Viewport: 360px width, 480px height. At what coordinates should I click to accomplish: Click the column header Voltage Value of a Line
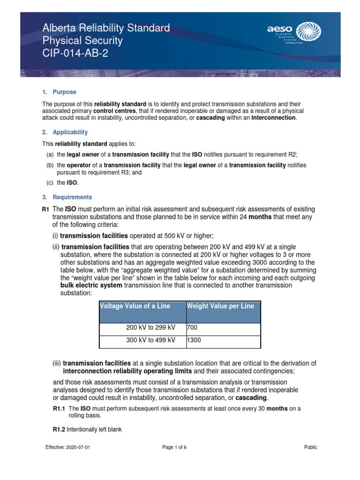point(135,306)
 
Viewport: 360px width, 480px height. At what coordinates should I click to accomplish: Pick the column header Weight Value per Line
point(220,306)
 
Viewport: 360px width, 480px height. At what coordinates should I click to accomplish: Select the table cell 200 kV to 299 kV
point(151,328)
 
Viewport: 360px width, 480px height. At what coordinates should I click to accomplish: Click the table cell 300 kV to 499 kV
point(151,340)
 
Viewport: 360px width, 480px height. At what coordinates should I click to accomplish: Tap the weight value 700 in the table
point(193,328)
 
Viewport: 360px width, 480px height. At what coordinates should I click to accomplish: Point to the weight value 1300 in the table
point(194,340)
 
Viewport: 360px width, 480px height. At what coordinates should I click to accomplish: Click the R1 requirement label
point(45,209)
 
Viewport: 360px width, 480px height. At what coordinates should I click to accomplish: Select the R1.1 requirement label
point(60,409)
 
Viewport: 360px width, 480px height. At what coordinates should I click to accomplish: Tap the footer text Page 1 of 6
point(174,447)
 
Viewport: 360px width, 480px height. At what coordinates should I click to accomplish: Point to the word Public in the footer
point(310,447)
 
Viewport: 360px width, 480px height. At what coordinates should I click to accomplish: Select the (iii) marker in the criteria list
point(57,363)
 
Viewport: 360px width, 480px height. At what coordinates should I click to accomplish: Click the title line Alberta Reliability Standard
point(106,29)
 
